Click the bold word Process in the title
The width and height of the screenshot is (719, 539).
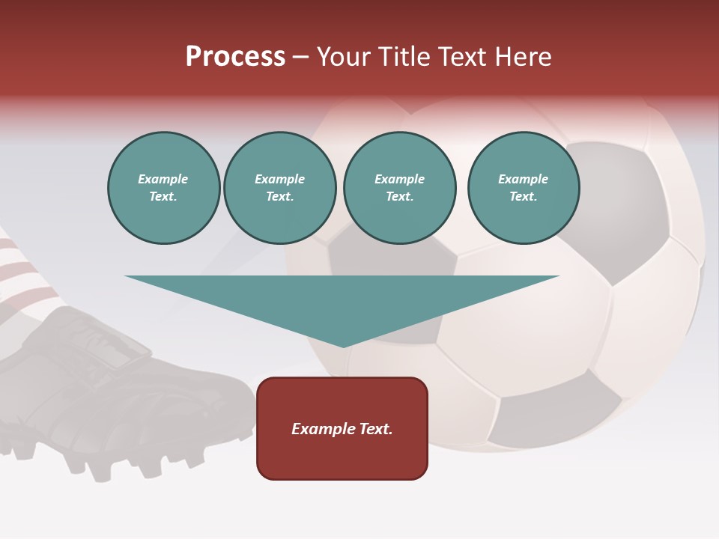235,57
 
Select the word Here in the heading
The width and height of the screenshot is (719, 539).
524,57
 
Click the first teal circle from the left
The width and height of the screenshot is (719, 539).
163,188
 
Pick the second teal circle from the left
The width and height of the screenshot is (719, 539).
280,188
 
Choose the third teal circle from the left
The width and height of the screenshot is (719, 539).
400,188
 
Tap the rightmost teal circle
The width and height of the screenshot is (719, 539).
524,188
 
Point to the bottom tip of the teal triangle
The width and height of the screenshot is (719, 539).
343,347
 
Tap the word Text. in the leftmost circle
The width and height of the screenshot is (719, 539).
163,197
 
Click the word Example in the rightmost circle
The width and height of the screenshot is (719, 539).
524,179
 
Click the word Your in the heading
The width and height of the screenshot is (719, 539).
342,57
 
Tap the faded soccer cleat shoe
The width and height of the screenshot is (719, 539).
112,389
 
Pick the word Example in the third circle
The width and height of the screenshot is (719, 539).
400,179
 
